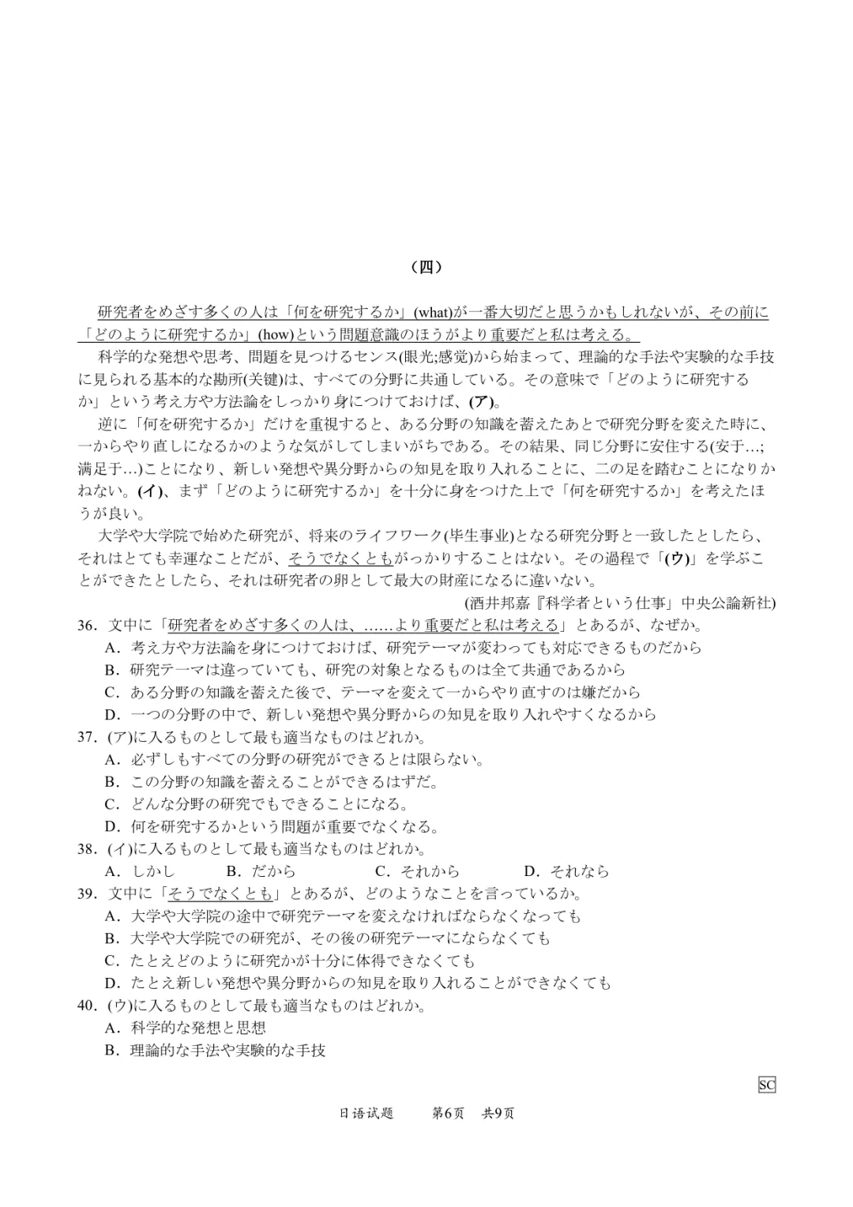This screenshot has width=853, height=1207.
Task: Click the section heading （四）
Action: click(426, 267)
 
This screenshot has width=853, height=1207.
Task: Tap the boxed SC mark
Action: click(766, 1085)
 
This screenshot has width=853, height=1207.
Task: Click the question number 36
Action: click(87, 626)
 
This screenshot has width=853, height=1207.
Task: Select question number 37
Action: click(87, 738)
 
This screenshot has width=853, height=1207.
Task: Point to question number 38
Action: click(87, 849)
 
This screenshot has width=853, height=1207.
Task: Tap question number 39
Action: click(87, 894)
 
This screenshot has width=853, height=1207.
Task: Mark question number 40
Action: click(87, 1006)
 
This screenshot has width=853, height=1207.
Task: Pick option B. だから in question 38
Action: click(261, 872)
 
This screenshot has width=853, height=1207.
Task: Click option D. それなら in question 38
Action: click(566, 872)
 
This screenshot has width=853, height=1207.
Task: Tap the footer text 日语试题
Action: click(366, 1114)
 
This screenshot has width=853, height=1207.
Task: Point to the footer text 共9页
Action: click(498, 1114)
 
